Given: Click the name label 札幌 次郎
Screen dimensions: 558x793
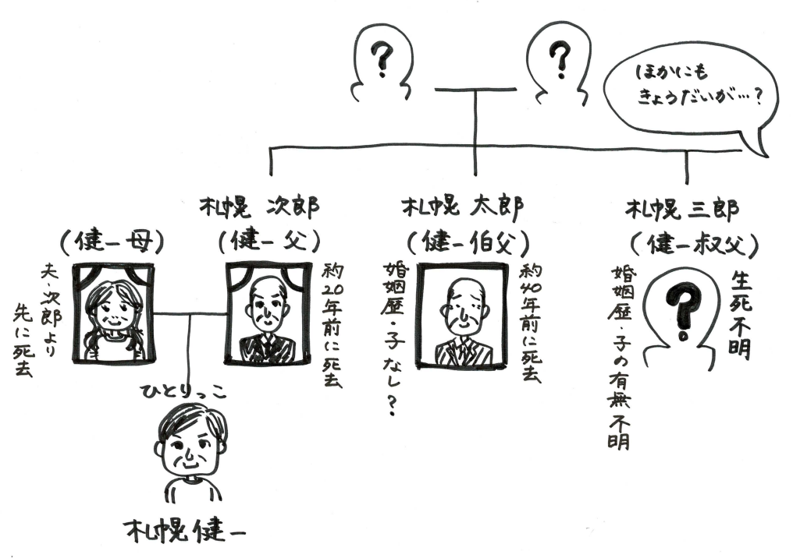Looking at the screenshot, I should [x=259, y=208].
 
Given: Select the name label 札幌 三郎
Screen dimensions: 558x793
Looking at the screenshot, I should [x=681, y=209].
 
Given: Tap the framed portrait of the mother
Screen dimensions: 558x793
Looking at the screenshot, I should [x=112, y=312].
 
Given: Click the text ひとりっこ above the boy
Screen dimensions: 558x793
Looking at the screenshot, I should [x=184, y=390].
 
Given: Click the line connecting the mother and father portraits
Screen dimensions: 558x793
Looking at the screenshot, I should [x=189, y=313].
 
